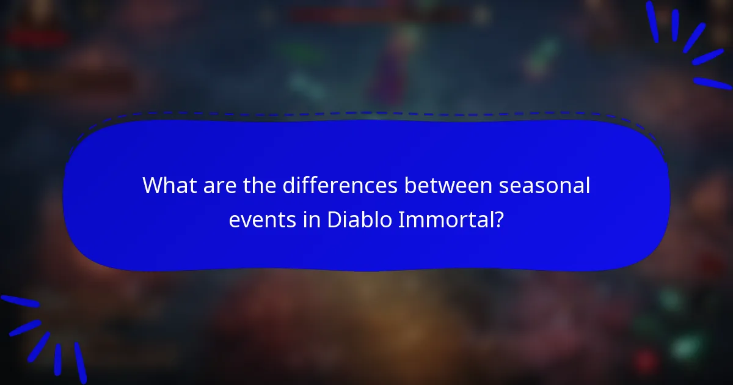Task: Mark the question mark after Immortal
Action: point(500,219)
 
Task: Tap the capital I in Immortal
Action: point(401,219)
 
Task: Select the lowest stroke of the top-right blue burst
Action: point(712,82)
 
